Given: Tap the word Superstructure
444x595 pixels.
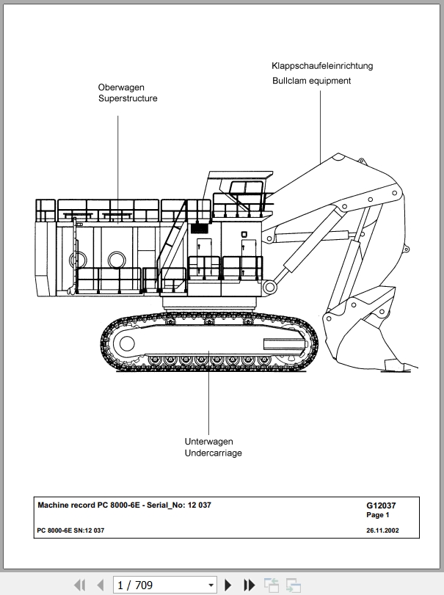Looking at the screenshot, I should click(128, 98).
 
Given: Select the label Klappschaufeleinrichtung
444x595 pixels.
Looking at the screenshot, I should click(322, 66).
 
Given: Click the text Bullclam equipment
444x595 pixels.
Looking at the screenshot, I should click(311, 81).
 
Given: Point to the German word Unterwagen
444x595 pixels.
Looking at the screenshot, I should click(208, 442).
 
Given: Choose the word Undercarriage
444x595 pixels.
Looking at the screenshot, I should click(213, 453).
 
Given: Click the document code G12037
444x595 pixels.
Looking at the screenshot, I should click(381, 505).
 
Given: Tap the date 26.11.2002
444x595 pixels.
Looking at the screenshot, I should click(382, 530).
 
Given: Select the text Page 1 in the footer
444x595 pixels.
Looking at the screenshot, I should click(378, 515).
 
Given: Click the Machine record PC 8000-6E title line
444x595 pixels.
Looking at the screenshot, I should click(124, 505).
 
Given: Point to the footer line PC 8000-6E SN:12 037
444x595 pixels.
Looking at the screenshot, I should click(70, 530).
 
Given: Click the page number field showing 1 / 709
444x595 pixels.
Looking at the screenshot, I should click(165, 585).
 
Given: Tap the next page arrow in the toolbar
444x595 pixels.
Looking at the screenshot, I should click(228, 585).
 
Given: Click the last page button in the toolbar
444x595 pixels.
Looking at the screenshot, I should click(250, 585).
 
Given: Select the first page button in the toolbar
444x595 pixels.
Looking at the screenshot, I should click(79, 585).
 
